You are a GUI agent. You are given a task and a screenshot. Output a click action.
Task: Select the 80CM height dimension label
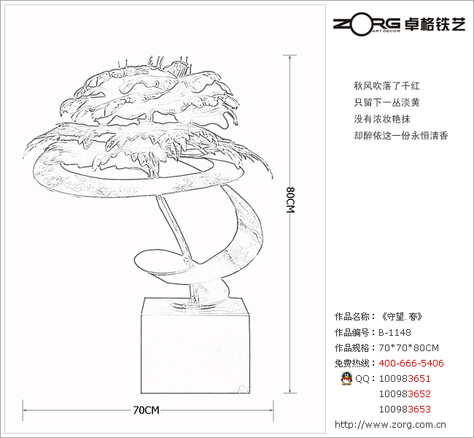point(290,200)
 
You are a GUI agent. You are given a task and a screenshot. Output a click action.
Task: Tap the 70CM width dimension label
point(146,410)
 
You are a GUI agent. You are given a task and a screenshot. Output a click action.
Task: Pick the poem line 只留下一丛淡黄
point(386,102)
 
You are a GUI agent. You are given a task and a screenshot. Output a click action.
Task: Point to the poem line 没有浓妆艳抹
point(382,119)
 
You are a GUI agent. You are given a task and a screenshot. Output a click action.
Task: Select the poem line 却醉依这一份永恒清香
point(400,136)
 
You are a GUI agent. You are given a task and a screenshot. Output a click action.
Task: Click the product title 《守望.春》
point(401,318)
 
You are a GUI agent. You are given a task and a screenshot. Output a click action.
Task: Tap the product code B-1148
point(395,333)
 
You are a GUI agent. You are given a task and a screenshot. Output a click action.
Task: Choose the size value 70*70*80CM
point(409,347)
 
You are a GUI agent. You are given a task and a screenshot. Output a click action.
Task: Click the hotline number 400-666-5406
point(411,364)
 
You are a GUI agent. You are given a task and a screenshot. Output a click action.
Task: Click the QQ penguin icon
point(346,378)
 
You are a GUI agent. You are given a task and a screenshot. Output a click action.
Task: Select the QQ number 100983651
point(405,379)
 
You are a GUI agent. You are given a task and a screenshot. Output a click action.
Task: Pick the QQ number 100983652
point(405,394)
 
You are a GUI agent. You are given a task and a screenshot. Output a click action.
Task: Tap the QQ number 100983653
point(405,410)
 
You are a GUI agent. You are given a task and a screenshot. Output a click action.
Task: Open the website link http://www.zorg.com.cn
point(391,424)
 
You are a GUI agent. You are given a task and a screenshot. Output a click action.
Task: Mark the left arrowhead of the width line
point(26,410)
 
